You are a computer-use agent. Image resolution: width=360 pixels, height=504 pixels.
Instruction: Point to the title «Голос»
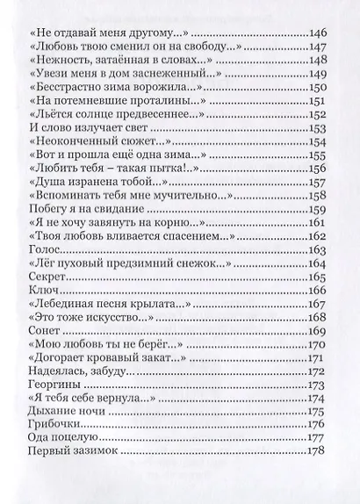43,250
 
